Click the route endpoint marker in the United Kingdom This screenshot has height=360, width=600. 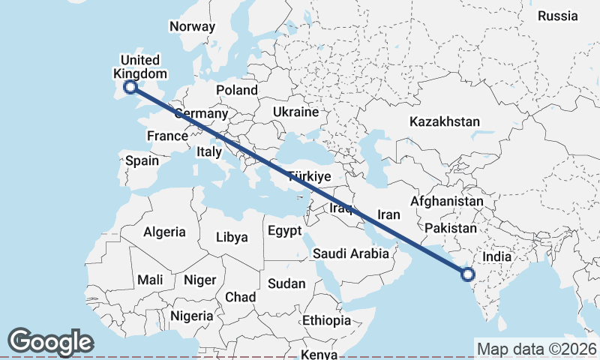pos(130,87)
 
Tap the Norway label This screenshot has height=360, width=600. pos(193,26)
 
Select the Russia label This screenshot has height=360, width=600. pos(558,15)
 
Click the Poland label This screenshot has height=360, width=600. pos(237,90)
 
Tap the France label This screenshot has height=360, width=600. pos(167,136)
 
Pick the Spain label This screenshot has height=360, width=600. pos(142,160)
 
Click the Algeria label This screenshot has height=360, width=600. pos(163,232)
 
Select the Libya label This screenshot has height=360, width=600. pos(232,237)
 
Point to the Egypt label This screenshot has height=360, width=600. pos(284,230)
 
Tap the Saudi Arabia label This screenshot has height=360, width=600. pos(351,253)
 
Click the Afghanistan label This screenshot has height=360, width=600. pos(447,202)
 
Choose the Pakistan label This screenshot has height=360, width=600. pos(450,228)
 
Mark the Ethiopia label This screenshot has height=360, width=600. pos(327,320)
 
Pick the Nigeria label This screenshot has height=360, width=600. pos(192,316)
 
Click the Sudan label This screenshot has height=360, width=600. pos(286,283)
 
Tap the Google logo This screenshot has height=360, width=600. pos(50,342)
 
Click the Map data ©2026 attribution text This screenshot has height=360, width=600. pos(537,349)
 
